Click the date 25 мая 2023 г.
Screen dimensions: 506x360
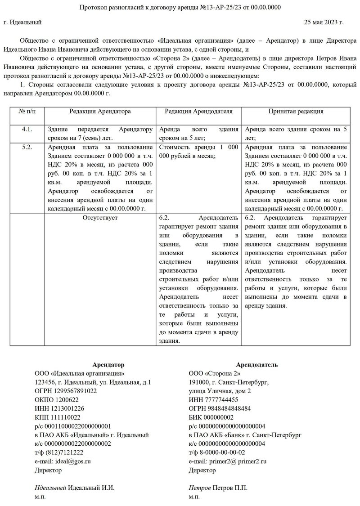[x=324, y=22]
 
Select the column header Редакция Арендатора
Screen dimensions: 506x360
[x=100, y=111]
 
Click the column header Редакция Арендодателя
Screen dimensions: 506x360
[x=198, y=111]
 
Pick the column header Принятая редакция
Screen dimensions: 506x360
[x=296, y=111]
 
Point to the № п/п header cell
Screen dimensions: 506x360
[x=27, y=111]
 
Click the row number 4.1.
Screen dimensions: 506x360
[x=27, y=130]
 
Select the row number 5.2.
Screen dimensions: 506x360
[x=27, y=147]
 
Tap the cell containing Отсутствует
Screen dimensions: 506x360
[x=100, y=218]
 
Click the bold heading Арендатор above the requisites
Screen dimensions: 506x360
[x=108, y=364]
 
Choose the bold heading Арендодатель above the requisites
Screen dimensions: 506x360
[x=256, y=364]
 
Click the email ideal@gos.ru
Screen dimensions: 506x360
[x=63, y=461]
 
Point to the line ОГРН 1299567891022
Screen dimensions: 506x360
[x=66, y=391]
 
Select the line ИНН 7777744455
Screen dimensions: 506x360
[x=214, y=399]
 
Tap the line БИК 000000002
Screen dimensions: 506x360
[x=211, y=417]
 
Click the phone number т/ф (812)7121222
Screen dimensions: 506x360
[x=59, y=452]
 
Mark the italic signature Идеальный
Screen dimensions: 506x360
[x=50, y=488]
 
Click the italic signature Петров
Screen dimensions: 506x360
[x=200, y=488]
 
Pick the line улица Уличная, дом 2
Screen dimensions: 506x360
[x=220, y=391]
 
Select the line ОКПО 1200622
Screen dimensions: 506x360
[x=57, y=399]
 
